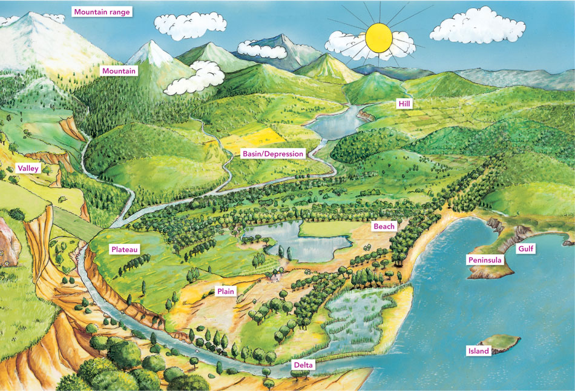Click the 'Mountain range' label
coord(102,12)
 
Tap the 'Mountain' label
coord(119,71)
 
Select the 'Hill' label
coord(404,104)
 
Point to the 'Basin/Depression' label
coord(272,154)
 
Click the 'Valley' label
coord(28,168)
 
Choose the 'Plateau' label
coord(125,249)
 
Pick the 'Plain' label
coord(226,292)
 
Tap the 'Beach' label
coord(384,226)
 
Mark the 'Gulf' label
coord(525,249)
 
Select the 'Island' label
coord(478,351)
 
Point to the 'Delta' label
coord(303,366)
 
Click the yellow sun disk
coord(379,38)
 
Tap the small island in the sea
coord(505,344)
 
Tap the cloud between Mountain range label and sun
coord(189,24)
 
